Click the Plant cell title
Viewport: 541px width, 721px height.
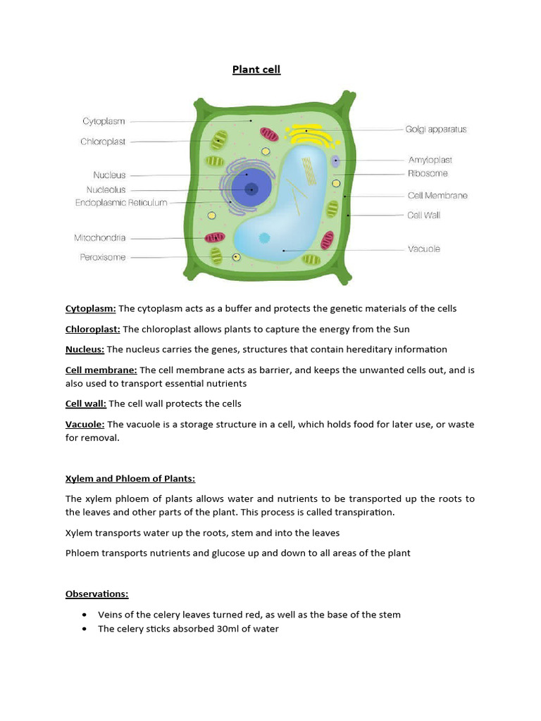256,70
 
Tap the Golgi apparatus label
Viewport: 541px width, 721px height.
435,130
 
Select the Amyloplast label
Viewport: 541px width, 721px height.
430,161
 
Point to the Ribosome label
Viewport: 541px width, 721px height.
427,173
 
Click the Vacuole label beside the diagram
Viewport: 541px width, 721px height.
423,249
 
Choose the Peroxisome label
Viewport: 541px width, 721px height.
102,258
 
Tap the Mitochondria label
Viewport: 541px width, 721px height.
99,238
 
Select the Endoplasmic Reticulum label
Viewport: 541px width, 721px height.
121,203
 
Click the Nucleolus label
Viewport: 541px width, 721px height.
106,189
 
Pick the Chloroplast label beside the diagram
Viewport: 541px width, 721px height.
103,142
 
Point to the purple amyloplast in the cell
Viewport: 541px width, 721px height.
335,161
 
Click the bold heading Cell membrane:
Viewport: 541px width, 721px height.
101,370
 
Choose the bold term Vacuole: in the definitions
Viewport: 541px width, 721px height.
85,424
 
